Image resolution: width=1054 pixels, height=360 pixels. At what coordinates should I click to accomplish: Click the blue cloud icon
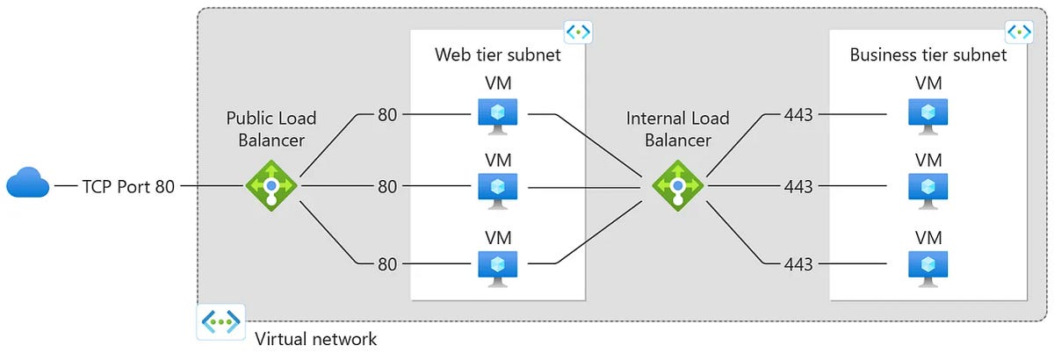27,185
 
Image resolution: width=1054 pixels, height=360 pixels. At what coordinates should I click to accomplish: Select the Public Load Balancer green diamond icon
271,186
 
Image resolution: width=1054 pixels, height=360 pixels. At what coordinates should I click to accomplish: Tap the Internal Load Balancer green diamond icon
678,186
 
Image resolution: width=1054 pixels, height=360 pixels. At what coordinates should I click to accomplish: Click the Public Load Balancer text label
271,129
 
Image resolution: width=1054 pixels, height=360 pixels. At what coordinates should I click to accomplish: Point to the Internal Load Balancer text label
677,129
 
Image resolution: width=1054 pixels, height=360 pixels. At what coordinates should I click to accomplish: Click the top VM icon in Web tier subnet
497,115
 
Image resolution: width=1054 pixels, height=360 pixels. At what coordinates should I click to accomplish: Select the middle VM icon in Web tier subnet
497,188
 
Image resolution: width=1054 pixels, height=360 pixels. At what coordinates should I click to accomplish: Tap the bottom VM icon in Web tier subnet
497,265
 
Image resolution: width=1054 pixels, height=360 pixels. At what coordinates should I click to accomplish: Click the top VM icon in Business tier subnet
928,115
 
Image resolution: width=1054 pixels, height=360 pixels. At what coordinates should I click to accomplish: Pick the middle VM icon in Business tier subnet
928,188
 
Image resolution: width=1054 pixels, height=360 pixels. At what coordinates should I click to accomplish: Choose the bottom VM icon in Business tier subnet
928,265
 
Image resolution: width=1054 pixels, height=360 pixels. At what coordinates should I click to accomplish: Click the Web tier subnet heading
497,55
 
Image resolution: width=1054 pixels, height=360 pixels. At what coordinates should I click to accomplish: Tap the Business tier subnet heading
928,55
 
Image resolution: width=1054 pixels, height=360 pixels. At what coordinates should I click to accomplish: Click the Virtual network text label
315,338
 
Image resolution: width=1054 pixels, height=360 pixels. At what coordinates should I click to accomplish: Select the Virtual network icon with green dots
220,321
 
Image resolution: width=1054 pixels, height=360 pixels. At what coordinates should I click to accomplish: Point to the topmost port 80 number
388,114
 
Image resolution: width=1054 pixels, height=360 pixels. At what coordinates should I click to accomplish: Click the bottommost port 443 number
798,263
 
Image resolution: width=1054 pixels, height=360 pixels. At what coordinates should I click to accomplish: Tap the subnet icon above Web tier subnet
578,32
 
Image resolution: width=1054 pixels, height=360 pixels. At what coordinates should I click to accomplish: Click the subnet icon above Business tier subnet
1019,32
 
